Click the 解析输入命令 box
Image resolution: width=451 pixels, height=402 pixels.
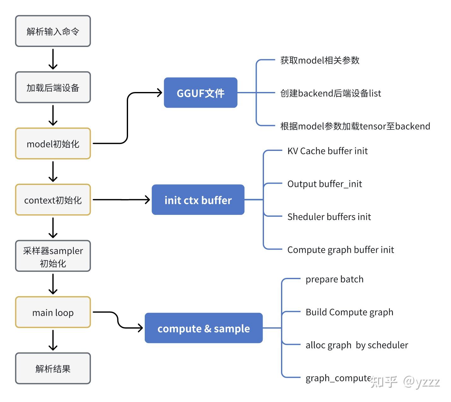[x=53, y=31]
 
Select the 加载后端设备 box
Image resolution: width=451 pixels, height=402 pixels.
[x=53, y=87]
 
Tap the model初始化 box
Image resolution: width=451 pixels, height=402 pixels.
[x=53, y=144]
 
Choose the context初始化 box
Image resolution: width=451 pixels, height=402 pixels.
[x=53, y=200]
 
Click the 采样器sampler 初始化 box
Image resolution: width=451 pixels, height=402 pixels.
[x=53, y=256]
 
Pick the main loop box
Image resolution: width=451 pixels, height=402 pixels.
[x=53, y=312]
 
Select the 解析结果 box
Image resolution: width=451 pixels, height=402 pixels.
[x=53, y=368]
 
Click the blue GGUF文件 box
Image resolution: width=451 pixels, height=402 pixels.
[x=200, y=93]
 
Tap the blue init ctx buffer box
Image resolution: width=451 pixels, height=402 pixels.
[x=198, y=200]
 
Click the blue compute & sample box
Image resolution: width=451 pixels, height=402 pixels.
[x=203, y=328]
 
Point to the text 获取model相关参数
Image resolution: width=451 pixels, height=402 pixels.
[x=319, y=60]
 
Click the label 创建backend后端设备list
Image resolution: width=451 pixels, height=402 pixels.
[x=330, y=93]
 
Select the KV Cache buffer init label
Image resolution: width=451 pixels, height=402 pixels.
[x=327, y=151]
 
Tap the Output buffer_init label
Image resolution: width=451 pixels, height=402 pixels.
[x=324, y=184]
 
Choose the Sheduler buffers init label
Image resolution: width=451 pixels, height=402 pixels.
[x=329, y=216]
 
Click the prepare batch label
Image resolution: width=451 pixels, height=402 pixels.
[x=334, y=279]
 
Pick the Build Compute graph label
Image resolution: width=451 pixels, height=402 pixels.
[x=349, y=312]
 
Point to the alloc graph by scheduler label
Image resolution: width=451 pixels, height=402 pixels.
[x=356, y=345]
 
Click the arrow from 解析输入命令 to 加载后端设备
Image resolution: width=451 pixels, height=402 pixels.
[x=53, y=59]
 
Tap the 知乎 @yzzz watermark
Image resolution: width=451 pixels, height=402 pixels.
[x=405, y=382]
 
